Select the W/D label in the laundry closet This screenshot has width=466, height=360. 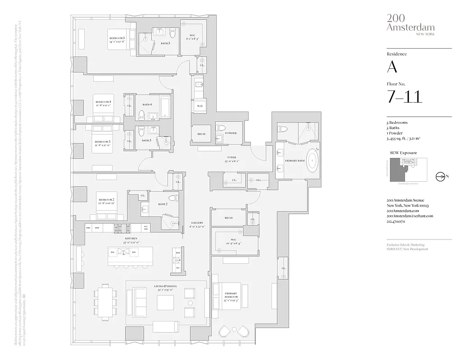[x=199, y=106]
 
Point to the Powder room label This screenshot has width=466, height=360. [x=231, y=133]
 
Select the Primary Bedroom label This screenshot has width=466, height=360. [x=231, y=297]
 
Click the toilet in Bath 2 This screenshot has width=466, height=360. [x=172, y=198]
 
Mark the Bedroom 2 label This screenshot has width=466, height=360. [x=107, y=201]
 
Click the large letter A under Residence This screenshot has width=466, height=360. [x=392, y=67]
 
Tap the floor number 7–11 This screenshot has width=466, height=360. [x=404, y=96]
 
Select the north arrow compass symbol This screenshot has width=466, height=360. [x=440, y=176]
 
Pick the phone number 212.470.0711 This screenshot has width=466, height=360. [x=399, y=221]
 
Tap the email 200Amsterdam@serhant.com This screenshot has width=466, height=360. [x=409, y=216]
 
